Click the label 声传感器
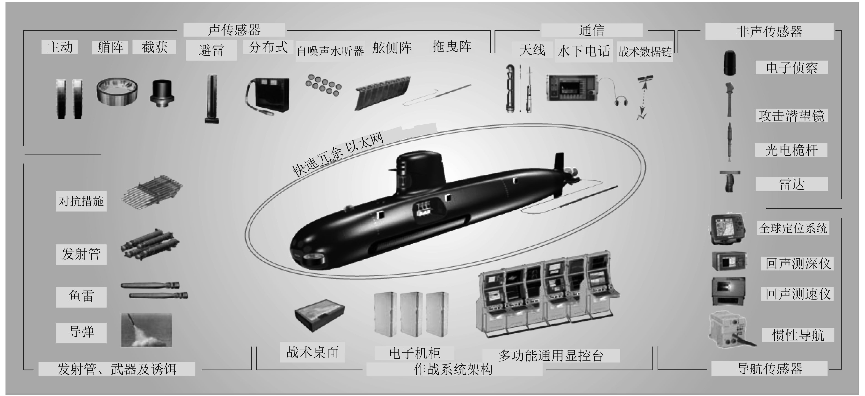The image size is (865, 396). click(x=234, y=30)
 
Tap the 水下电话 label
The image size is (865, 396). click(x=584, y=51)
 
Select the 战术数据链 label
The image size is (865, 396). click(x=645, y=52)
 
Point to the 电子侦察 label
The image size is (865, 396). click(x=792, y=68)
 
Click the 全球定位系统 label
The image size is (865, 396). click(x=793, y=228)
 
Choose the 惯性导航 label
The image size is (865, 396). click(x=798, y=335)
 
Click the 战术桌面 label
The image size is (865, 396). click(x=312, y=352)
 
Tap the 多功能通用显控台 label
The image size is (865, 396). click(x=551, y=355)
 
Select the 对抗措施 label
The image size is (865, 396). click(x=81, y=201)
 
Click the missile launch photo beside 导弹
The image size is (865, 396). click(x=146, y=330)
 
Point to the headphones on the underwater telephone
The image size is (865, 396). click(x=621, y=100)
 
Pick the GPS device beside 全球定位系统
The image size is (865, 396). click(x=727, y=229)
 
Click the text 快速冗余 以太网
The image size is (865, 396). click(x=338, y=154)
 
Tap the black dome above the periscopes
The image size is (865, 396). click(x=730, y=63)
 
